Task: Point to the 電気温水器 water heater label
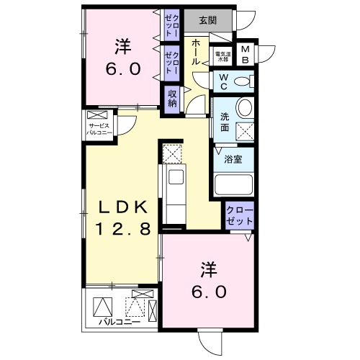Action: point(222,55)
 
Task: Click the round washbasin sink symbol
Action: point(244,110)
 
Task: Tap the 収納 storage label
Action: point(173,97)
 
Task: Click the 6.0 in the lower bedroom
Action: point(209,292)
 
